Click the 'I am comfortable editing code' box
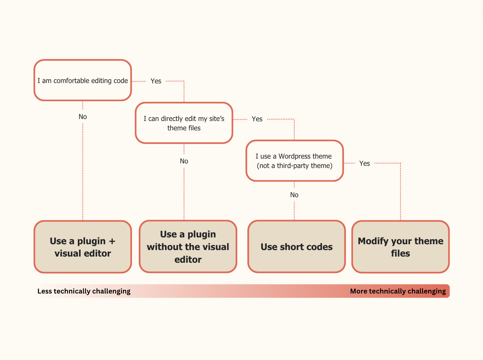[83, 80]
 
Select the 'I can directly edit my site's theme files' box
[184, 123]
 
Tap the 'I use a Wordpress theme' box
[294, 161]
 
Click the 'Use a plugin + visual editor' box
[83, 247]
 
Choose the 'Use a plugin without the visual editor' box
[188, 247]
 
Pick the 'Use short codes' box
[297, 247]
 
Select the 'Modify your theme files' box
[400, 247]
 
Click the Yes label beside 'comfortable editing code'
[156, 81]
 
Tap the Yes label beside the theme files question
[257, 119]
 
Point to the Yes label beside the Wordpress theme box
[364, 163]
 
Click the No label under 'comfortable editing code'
[83, 117]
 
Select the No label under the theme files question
[184, 161]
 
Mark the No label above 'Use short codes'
[294, 195]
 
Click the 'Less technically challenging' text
[84, 291]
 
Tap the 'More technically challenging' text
[398, 291]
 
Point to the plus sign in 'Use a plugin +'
[112, 241]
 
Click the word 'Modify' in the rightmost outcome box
[373, 241]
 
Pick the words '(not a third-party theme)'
[295, 166]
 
